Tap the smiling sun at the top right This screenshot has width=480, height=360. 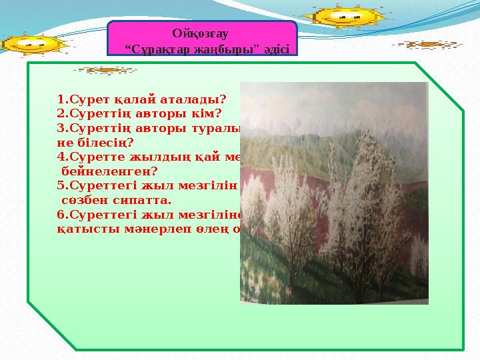point(343,15)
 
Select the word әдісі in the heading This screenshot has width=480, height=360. point(275,49)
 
